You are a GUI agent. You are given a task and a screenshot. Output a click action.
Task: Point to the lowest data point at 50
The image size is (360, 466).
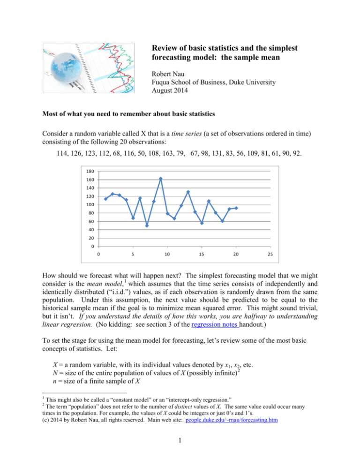[x=147, y=225]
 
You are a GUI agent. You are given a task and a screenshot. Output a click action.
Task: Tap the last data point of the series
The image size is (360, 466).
[x=236, y=208]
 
